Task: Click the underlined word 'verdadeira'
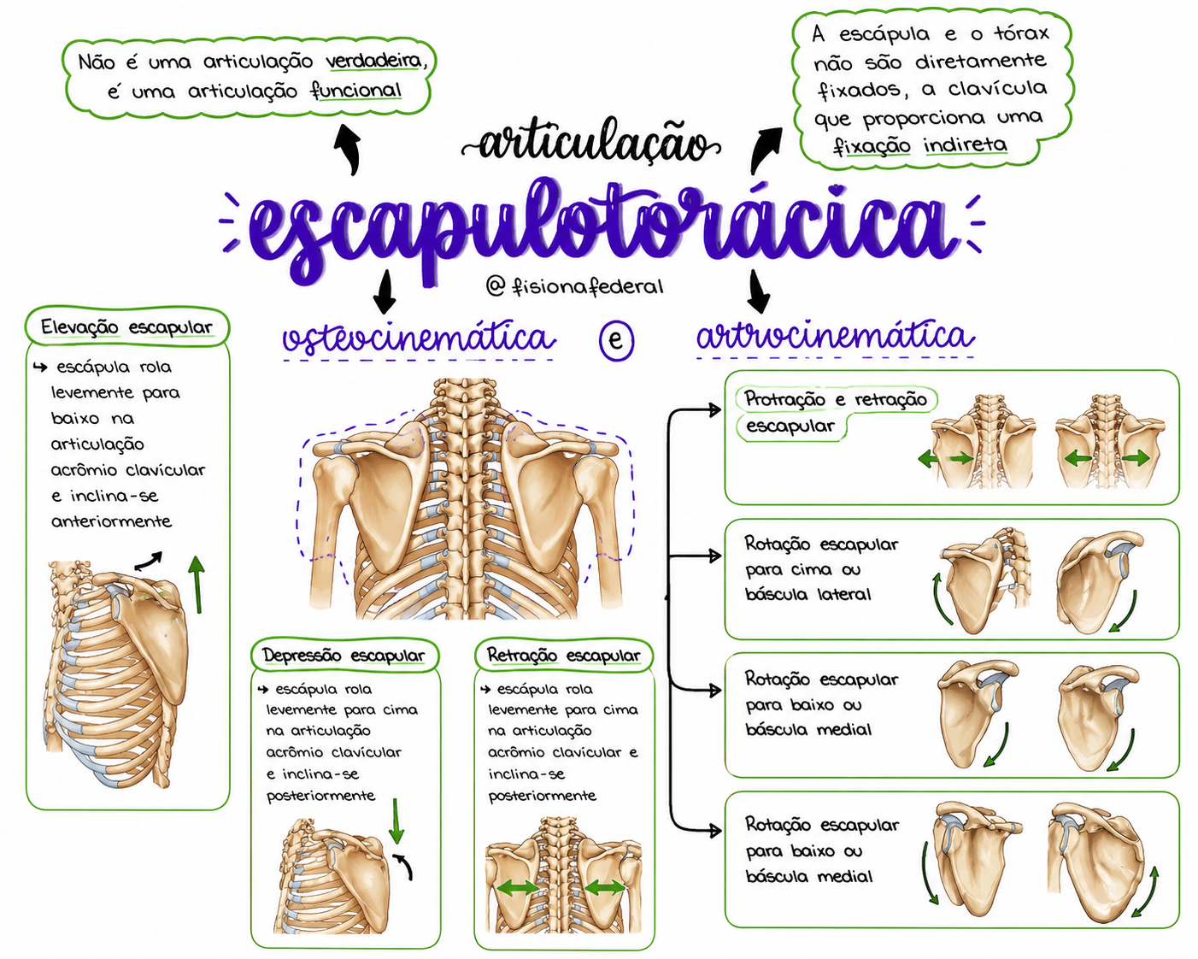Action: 374,61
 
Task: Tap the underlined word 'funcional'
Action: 356,91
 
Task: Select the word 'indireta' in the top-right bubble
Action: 966,144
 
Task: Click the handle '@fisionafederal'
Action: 574,287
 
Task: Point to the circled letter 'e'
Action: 616,339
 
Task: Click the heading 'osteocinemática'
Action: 419,338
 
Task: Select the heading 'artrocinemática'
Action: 835,336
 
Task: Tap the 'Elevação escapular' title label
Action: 126,327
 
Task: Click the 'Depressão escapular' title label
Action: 344,656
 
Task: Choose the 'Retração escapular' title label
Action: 563,656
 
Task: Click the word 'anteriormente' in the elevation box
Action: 111,521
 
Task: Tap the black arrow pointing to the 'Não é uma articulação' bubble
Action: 348,148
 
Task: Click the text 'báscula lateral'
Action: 807,594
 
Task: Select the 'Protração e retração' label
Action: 836,399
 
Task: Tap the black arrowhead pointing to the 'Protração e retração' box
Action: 714,410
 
